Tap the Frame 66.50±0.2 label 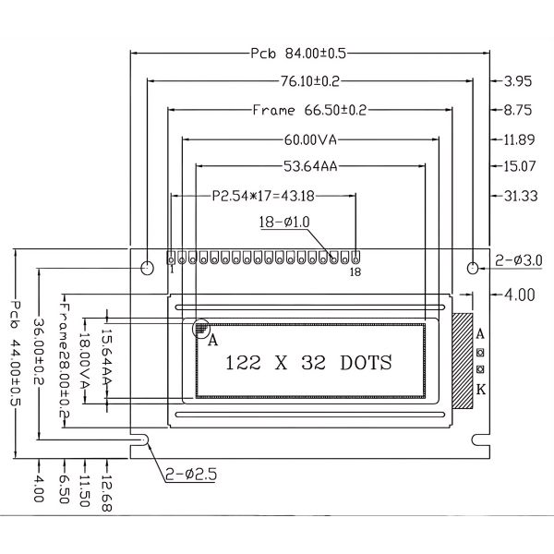point(310,111)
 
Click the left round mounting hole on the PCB point(147,268)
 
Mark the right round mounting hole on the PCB point(474,268)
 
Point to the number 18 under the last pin point(355,271)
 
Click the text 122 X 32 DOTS point(308,362)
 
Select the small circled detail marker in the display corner point(200,328)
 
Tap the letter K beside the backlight point(480,390)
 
